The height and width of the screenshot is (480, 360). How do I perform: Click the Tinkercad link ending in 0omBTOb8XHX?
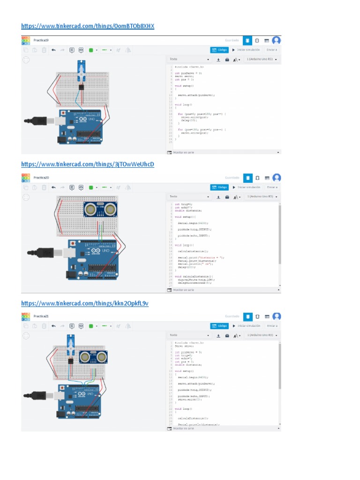88,26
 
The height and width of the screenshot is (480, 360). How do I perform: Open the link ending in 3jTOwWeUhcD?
88,164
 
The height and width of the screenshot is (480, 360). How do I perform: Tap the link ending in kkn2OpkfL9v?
85,303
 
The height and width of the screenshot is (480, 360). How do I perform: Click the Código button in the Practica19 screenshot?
220,50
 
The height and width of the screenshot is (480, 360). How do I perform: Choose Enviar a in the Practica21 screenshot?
272,326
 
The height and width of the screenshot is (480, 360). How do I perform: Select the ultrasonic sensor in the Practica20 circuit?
100,209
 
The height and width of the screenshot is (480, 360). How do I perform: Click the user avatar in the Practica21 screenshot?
277,316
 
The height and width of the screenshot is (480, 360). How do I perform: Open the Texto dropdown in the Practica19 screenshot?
190,60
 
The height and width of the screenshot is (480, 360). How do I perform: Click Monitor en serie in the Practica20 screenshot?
183,290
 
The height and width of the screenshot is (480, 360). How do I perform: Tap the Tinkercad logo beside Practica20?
25,178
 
